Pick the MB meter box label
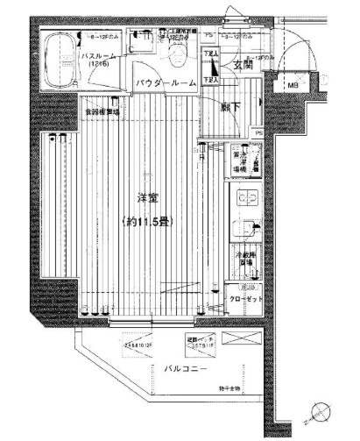pos(293,86)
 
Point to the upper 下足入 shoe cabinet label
pos(210,54)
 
